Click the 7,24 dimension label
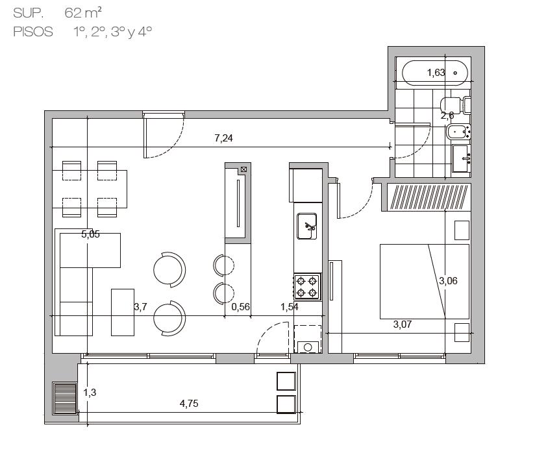tap(223, 138)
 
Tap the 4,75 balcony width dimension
tap(189, 404)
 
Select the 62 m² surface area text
tap(83, 13)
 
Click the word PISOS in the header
tap(33, 32)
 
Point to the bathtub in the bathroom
tap(435, 73)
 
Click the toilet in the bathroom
tap(455, 105)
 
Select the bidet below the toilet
tap(458, 132)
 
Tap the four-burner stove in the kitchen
tap(306, 287)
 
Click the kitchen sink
tap(306, 226)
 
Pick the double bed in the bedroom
tap(425, 282)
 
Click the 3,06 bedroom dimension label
tap(448, 281)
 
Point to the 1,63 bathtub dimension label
tap(436, 73)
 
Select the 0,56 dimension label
tap(240, 307)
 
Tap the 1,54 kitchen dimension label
tap(290, 307)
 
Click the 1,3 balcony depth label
tap(90, 393)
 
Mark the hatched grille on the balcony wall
tap(64, 398)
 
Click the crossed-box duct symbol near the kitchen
tap(243, 169)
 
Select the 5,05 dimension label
tap(90, 234)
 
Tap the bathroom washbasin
tap(461, 158)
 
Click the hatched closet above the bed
tap(429, 197)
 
